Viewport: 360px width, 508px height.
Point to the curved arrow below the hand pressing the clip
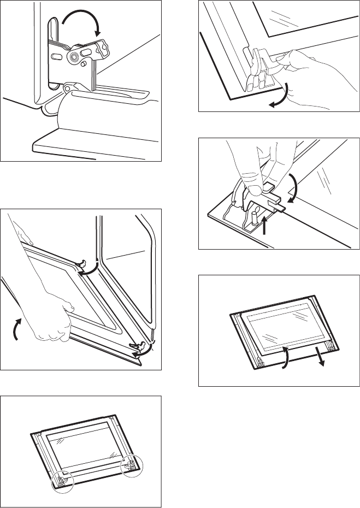pyautogui.click(x=279, y=93)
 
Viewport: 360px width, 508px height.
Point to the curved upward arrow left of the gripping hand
pyautogui.click(x=19, y=328)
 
